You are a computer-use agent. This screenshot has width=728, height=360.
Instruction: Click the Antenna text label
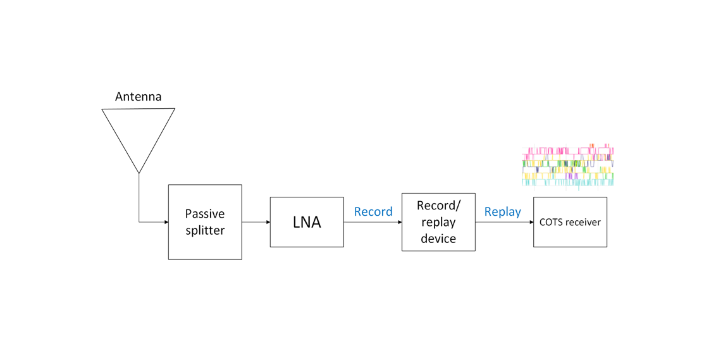[x=138, y=97]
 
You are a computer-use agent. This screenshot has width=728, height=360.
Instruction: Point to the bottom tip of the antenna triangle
[x=139, y=172]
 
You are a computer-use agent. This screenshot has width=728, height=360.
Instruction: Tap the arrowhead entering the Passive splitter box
[x=166, y=222]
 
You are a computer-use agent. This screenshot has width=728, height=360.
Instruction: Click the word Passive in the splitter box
[x=204, y=214]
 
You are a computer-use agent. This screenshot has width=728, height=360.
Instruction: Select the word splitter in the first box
[x=204, y=230]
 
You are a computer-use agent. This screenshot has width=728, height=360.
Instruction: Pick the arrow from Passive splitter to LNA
[x=256, y=222]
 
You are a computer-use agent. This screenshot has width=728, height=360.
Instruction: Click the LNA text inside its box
[x=307, y=222]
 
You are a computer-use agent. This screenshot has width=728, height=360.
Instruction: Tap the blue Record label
[x=373, y=212]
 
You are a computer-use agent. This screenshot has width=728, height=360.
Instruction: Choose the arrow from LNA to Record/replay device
[x=373, y=222]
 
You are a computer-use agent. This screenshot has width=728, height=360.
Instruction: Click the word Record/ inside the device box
[x=438, y=206]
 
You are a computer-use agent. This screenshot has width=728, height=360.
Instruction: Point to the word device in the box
[x=438, y=239]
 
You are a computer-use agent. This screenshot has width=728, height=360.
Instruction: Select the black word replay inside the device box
[x=438, y=222]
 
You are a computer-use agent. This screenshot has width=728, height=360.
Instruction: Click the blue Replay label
[x=502, y=212]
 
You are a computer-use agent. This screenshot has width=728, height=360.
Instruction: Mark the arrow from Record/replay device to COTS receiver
[x=504, y=222]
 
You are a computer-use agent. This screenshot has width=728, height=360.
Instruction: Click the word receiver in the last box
[x=584, y=222]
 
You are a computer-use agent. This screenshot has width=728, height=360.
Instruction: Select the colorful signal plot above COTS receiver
[x=567, y=166]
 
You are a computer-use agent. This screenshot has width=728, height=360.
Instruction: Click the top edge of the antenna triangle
[x=139, y=109]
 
